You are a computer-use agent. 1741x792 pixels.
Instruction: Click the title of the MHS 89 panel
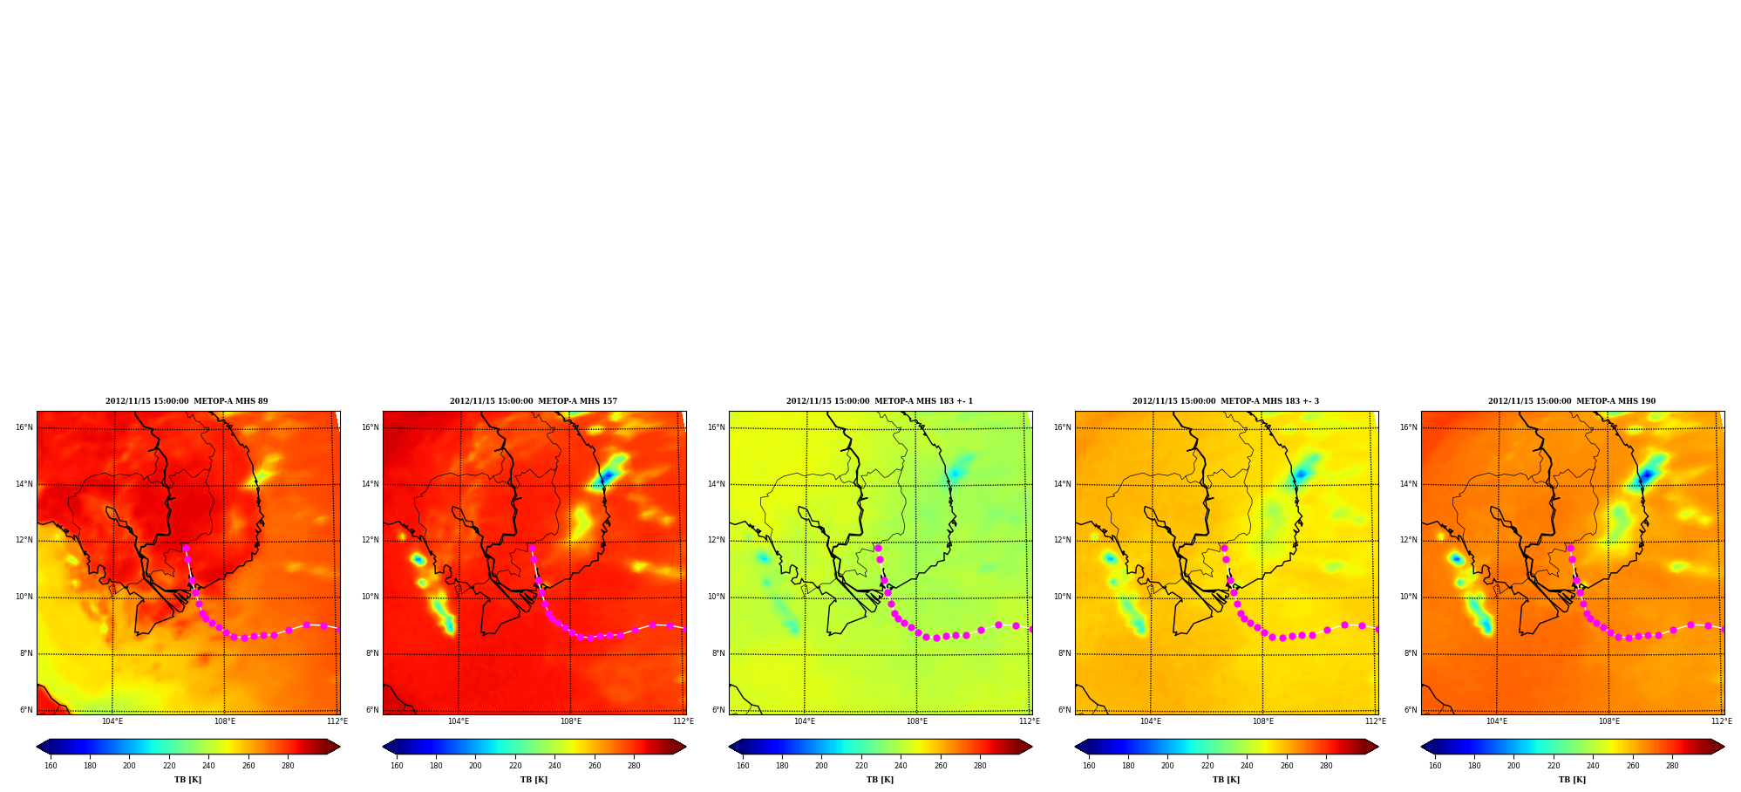(x=187, y=401)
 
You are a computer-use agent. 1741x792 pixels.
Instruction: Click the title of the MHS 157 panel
(x=534, y=401)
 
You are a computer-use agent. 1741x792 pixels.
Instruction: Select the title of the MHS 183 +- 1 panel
(x=880, y=401)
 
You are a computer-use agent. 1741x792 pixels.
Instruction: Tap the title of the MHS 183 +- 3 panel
(x=1226, y=401)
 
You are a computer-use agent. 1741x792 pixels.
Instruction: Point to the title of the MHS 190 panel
(x=1572, y=401)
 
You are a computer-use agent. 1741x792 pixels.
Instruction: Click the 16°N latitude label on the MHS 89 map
(x=24, y=427)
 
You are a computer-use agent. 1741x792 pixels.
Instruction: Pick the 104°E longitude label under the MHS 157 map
(x=459, y=721)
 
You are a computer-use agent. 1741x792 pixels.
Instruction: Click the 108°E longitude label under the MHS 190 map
(x=1609, y=721)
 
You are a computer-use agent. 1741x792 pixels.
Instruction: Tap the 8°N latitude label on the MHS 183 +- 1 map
(x=718, y=653)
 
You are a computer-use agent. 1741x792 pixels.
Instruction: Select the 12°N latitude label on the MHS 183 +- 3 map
(x=1062, y=540)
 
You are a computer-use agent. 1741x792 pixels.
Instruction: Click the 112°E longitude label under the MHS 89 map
(x=337, y=721)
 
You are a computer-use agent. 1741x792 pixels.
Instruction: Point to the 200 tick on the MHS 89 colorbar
(x=129, y=766)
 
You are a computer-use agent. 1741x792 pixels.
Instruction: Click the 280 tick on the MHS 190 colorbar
(x=1672, y=766)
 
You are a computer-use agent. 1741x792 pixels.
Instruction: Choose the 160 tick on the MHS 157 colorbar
(x=397, y=766)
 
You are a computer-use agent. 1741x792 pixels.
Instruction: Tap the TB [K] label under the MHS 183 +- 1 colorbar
(x=880, y=780)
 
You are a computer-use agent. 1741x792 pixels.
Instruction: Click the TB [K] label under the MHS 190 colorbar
(x=1572, y=780)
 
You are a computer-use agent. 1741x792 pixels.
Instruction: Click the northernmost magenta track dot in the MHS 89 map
(x=186, y=549)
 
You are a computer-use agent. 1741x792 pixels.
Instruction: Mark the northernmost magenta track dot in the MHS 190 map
(x=1570, y=549)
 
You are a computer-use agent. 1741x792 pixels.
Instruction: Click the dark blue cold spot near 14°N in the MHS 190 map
(x=1646, y=475)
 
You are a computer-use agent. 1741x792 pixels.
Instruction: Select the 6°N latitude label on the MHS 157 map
(x=372, y=710)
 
